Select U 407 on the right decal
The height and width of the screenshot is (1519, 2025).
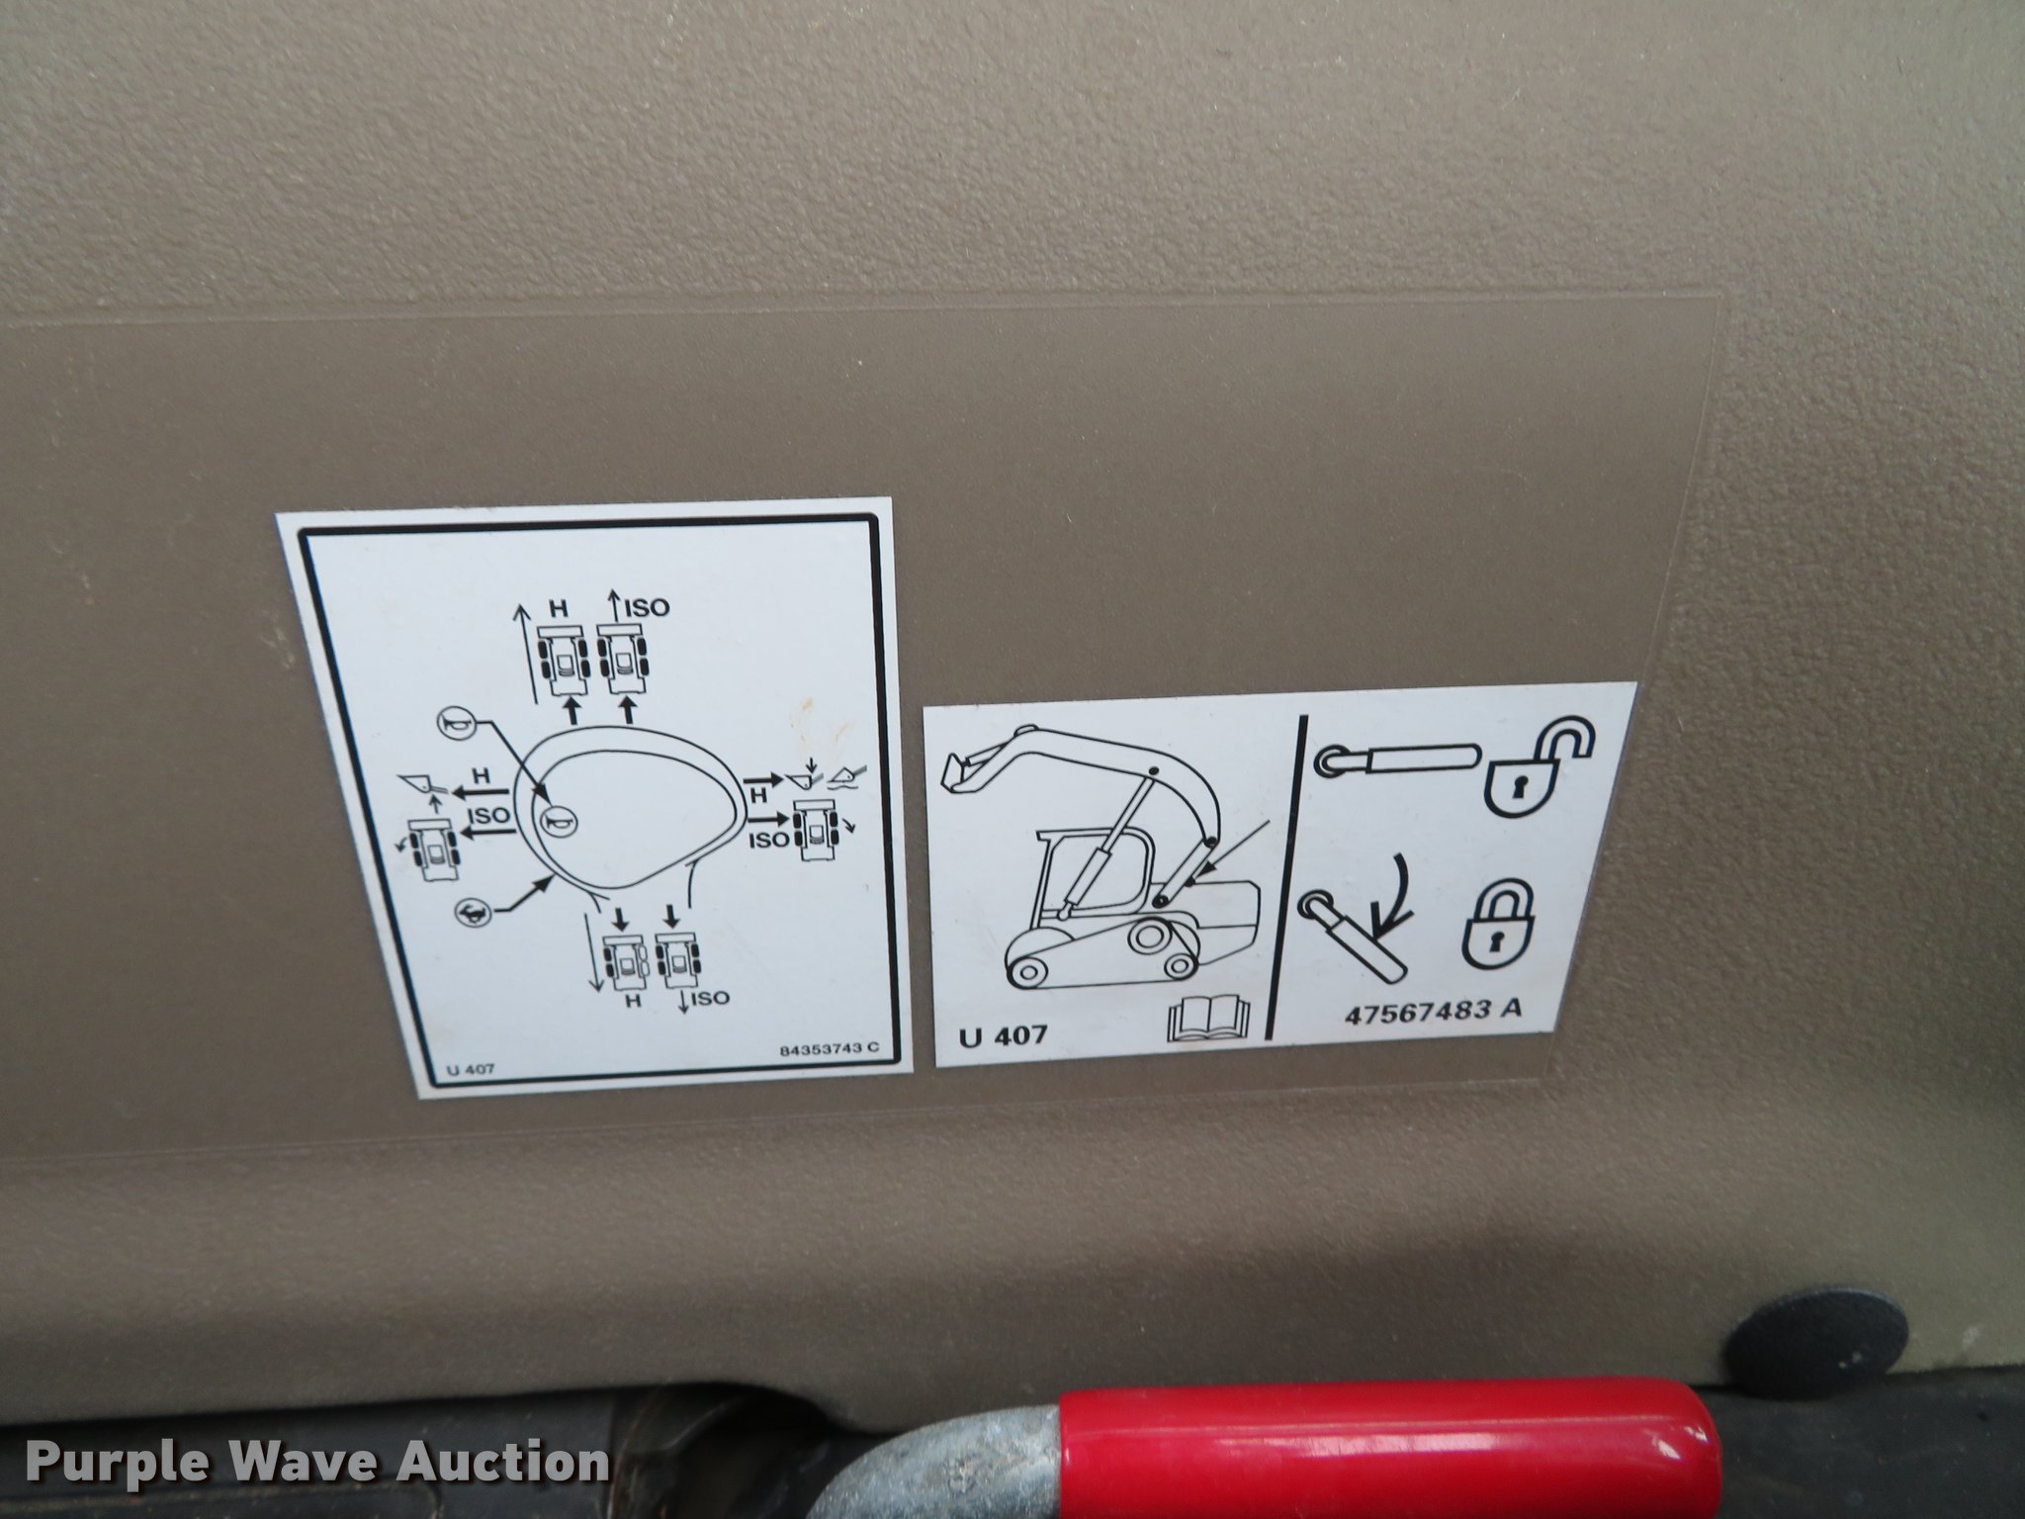1003,1037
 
